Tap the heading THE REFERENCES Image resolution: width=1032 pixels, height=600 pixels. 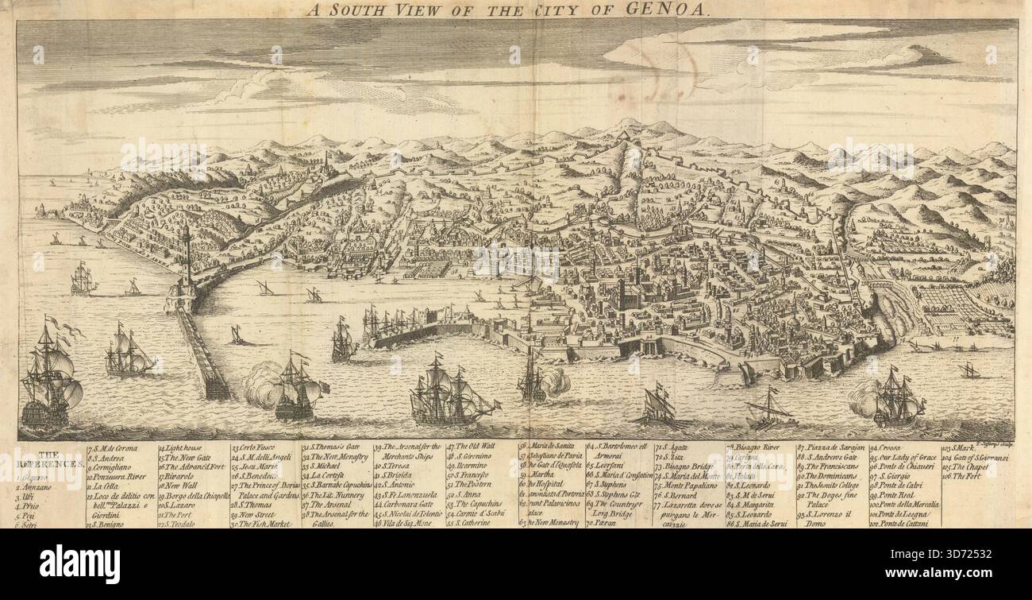[47, 463]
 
